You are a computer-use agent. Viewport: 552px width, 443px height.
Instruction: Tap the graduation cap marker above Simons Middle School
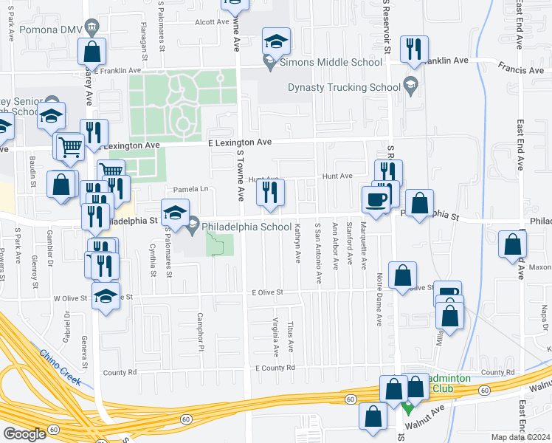(x=276, y=42)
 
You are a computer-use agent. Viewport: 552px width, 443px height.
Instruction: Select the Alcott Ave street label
(x=212, y=22)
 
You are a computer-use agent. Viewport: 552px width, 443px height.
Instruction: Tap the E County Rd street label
(x=275, y=368)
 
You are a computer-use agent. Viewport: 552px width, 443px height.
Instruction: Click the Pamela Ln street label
(x=191, y=189)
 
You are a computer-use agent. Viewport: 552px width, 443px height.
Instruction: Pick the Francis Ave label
(x=520, y=69)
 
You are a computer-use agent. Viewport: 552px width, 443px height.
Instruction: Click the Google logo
(x=24, y=433)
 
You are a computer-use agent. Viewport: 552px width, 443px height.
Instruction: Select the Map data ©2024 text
(x=520, y=437)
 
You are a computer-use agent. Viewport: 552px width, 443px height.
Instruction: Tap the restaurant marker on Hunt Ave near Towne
(x=270, y=192)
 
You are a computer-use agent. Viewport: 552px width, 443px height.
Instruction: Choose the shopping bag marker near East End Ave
(x=512, y=244)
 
